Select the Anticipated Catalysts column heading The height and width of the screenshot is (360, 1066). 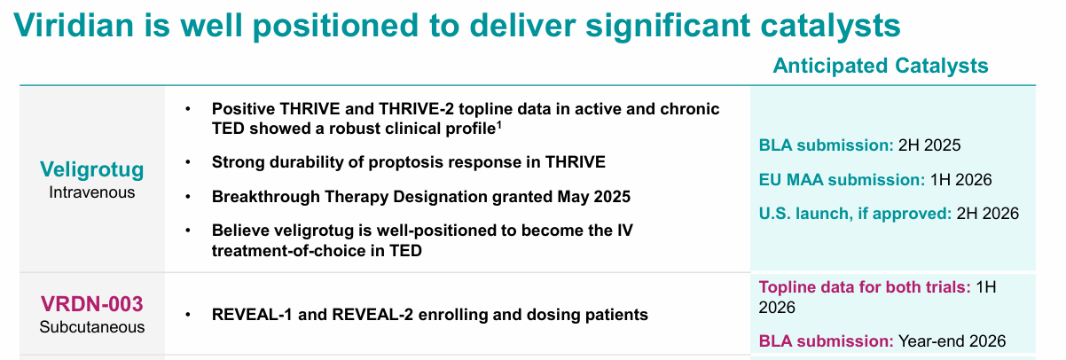coord(881,66)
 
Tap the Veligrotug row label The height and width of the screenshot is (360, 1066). coord(92,168)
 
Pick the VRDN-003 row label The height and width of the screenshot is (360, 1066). coord(92,305)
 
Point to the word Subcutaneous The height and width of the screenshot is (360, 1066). coord(92,327)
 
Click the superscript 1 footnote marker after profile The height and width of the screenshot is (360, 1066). coord(500,123)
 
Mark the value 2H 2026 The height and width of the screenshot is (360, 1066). coord(987,213)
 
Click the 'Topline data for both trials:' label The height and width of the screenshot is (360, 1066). coord(865,287)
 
